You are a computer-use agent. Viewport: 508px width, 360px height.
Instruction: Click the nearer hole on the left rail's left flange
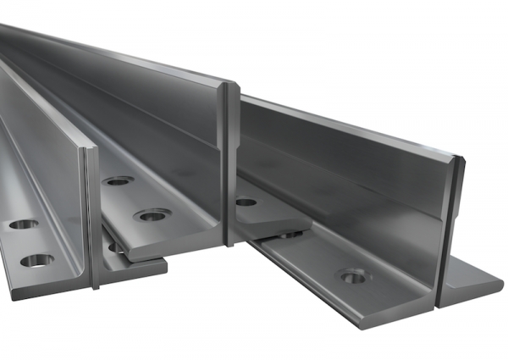tap(36, 259)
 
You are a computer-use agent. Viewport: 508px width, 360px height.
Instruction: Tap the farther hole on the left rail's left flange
tap(22, 225)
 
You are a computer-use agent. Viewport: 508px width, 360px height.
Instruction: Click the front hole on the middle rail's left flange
tap(153, 214)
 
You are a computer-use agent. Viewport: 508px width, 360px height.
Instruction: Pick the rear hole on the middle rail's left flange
tap(119, 180)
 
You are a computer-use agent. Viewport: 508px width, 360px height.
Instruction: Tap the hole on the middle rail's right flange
tap(246, 202)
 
